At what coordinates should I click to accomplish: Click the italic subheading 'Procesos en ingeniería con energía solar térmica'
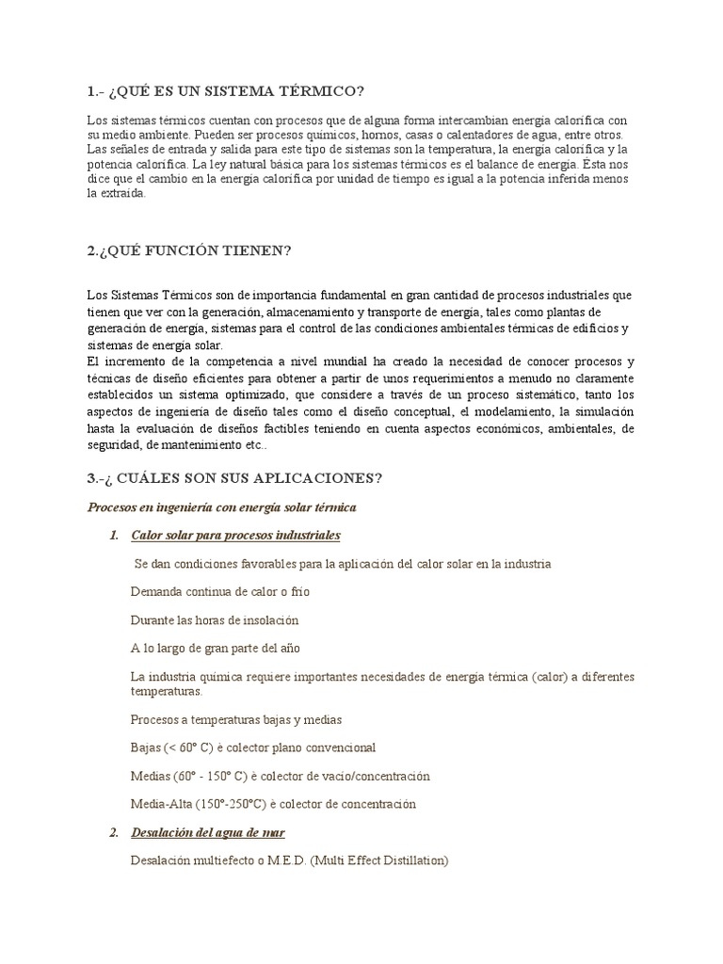221,507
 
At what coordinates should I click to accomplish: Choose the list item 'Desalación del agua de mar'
208,833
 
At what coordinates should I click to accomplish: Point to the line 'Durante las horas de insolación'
215,620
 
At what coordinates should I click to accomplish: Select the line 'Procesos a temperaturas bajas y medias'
236,719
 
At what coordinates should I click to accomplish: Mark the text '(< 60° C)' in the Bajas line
192,747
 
